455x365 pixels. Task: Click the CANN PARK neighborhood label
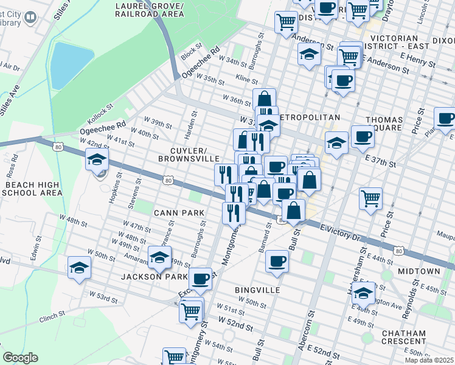161,212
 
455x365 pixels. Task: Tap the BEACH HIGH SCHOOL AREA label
32,188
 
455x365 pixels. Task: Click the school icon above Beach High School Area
96,161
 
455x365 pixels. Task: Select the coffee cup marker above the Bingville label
277,262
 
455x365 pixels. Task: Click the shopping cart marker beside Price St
371,198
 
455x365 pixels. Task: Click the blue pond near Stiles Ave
71,63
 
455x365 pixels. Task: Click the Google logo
20,358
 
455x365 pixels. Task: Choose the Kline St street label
246,79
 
